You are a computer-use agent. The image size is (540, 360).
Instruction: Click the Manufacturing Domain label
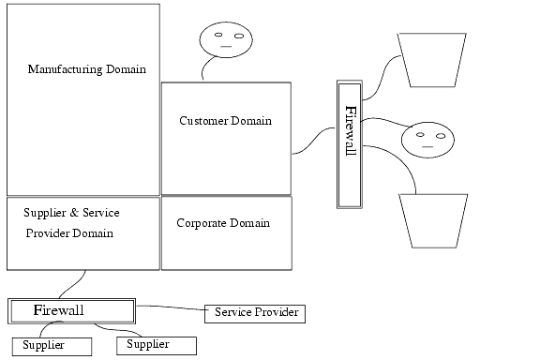pyautogui.click(x=86, y=68)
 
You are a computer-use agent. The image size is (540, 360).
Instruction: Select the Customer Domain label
pyautogui.click(x=225, y=121)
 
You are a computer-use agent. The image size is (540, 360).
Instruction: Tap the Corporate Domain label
pyautogui.click(x=223, y=223)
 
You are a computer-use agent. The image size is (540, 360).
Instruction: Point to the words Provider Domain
pyautogui.click(x=69, y=233)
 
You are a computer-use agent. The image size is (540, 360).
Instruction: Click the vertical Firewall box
pyautogui.click(x=350, y=144)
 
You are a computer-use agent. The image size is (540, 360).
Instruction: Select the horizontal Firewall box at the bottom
pyautogui.click(x=72, y=310)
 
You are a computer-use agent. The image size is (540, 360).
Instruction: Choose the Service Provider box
pyautogui.click(x=256, y=312)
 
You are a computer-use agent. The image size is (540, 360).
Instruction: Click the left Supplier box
pyautogui.click(x=51, y=346)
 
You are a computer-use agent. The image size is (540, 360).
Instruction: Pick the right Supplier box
pyautogui.click(x=156, y=345)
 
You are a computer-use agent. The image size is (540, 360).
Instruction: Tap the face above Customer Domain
pyautogui.click(x=225, y=39)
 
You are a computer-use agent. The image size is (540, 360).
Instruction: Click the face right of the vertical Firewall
pyautogui.click(x=427, y=141)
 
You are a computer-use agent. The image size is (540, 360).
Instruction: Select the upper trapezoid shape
pyautogui.click(x=431, y=57)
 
